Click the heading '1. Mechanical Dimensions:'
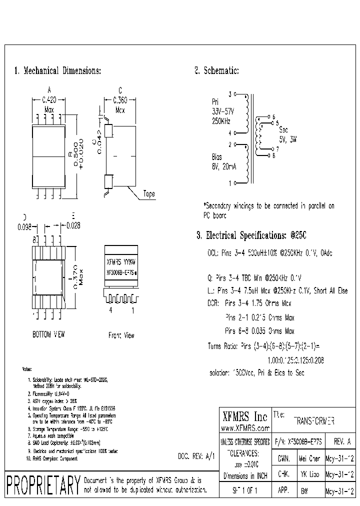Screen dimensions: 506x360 [x=57, y=70]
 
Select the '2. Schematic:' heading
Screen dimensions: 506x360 [x=216, y=70]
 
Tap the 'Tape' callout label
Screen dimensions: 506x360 [x=149, y=194]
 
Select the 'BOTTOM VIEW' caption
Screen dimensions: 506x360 [x=49, y=334]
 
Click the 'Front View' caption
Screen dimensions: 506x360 [x=121, y=335]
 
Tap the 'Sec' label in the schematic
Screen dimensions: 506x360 [x=283, y=129]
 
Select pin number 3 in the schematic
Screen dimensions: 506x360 [x=230, y=93]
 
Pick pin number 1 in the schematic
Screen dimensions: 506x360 [x=230, y=183]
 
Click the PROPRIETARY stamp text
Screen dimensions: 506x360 [x=43, y=484]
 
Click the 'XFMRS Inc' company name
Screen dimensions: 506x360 [x=244, y=416]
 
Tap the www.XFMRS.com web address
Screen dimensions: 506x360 [x=245, y=428]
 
